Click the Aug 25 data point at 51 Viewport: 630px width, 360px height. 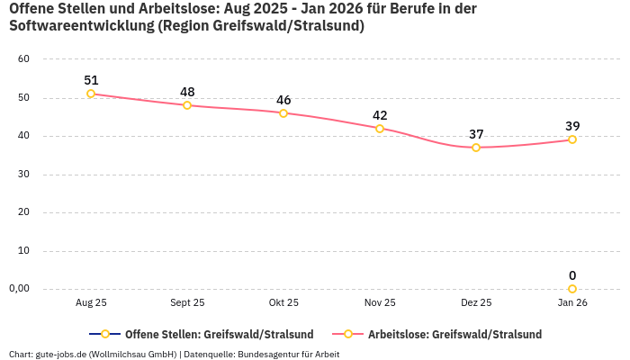[x=91, y=94]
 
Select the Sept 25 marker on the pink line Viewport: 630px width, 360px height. [x=187, y=105]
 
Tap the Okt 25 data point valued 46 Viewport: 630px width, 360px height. [x=283, y=113]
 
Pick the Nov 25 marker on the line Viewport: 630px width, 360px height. [x=380, y=129]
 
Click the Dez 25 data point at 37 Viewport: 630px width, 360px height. [x=476, y=148]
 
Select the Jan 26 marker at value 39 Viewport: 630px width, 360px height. [x=572, y=139]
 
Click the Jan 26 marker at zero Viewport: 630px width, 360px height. [x=572, y=289]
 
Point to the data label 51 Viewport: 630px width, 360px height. [x=91, y=80]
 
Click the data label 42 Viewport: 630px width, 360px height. [x=380, y=115]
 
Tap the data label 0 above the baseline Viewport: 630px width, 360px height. [x=572, y=275]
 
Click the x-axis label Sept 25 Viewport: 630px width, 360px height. [x=187, y=303]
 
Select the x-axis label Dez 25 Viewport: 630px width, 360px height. [x=476, y=303]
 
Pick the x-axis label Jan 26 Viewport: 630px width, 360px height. [x=572, y=303]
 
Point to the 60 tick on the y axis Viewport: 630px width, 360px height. [x=24, y=59]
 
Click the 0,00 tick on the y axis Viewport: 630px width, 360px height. [x=20, y=289]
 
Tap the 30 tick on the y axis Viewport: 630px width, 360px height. [x=24, y=175]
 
